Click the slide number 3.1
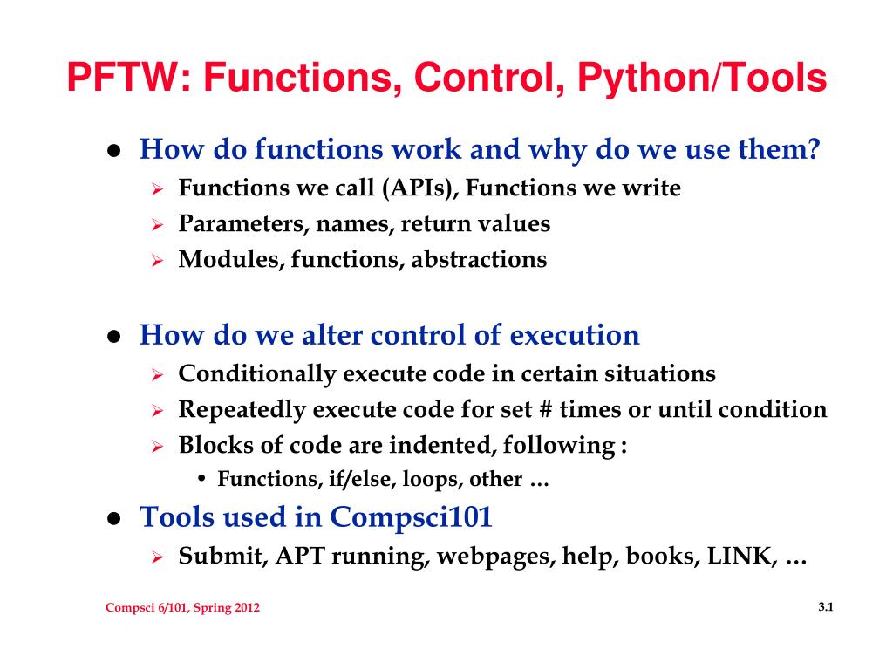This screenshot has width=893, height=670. (827, 607)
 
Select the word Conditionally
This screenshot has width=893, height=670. (256, 374)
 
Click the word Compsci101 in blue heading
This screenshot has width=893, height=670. (412, 517)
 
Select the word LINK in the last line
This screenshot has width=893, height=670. (742, 556)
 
